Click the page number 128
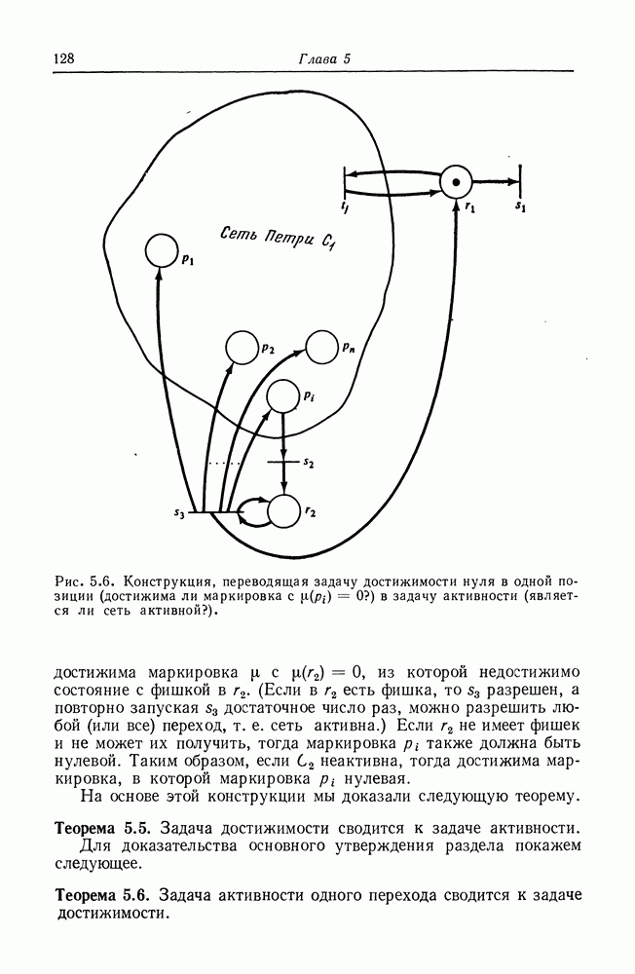click(x=64, y=59)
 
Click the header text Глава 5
click(x=323, y=59)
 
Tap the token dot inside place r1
click(x=455, y=181)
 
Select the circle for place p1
click(x=162, y=252)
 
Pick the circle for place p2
click(x=241, y=347)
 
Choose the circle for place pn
click(x=322, y=347)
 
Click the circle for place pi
click(x=282, y=395)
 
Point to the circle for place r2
click(x=283, y=509)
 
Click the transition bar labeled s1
click(x=519, y=181)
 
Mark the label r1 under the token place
click(x=470, y=206)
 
